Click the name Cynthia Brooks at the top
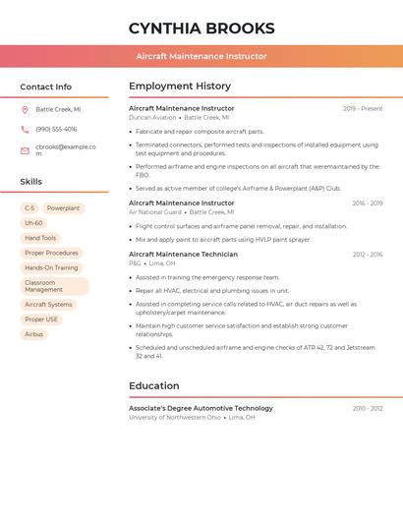pyautogui.click(x=201, y=29)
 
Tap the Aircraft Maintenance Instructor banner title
pyautogui.click(x=201, y=56)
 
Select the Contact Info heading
pyautogui.click(x=46, y=87)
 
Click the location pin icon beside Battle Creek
pyautogui.click(x=25, y=110)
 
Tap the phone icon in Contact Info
pyautogui.click(x=25, y=130)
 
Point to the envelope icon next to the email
pyautogui.click(x=25, y=150)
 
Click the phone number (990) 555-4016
pyautogui.click(x=56, y=130)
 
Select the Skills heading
pyautogui.click(x=31, y=182)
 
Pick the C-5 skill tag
pyautogui.click(x=29, y=208)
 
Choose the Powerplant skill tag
pyautogui.click(x=63, y=208)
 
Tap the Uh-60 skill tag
pyautogui.click(x=33, y=223)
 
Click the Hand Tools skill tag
pyautogui.click(x=40, y=238)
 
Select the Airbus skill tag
pyautogui.click(x=33, y=334)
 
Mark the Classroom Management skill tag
pyautogui.click(x=53, y=286)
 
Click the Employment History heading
pyautogui.click(x=180, y=87)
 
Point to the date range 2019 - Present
pyautogui.click(x=363, y=109)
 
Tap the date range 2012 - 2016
pyautogui.click(x=368, y=255)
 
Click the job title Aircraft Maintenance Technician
pyautogui.click(x=183, y=255)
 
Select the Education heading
pyautogui.click(x=153, y=386)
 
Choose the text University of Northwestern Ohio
pyautogui.click(x=175, y=418)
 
